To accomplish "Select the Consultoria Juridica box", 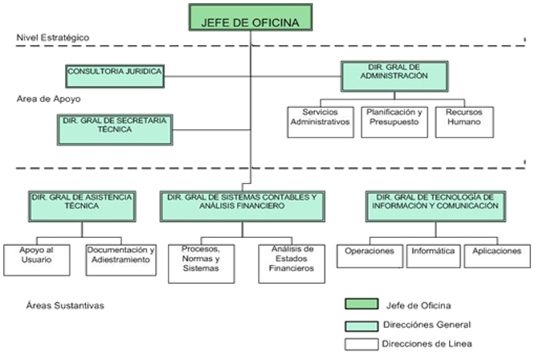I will point(115,75).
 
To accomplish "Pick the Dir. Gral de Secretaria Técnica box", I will point(115,128).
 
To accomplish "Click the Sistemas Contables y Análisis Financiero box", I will point(243,206).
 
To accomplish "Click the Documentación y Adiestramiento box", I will point(120,256).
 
